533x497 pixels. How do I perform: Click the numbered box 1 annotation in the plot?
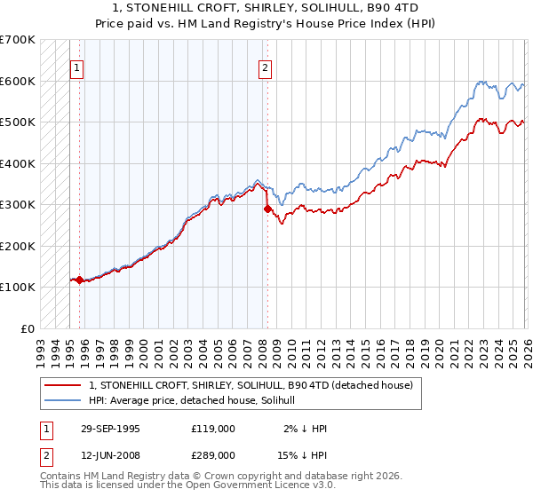coord(77,67)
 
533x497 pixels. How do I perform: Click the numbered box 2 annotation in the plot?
coord(266,67)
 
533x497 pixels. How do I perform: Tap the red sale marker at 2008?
coord(267,209)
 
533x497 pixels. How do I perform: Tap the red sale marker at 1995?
coord(79,280)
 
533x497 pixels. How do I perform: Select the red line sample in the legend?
coord(64,386)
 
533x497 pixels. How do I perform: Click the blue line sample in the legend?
coord(64,401)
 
